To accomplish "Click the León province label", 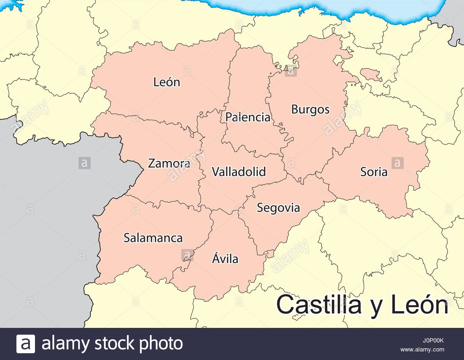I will pyautogui.click(x=167, y=82).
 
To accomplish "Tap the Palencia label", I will pyautogui.click(x=248, y=117).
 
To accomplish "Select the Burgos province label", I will pyautogui.click(x=310, y=109).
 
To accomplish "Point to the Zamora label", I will pyautogui.click(x=169, y=163).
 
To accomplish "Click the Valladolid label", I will pyautogui.click(x=239, y=172).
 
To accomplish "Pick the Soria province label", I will pyautogui.click(x=374, y=172).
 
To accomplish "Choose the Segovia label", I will pyautogui.click(x=278, y=208).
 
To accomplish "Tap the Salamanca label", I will pyautogui.click(x=153, y=238).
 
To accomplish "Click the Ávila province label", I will pyautogui.click(x=225, y=258).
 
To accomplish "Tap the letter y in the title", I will pyautogui.click(x=375, y=307).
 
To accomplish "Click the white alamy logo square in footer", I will pyautogui.click(x=26, y=344).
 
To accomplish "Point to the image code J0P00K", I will pyautogui.click(x=433, y=340).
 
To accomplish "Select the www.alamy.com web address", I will pyautogui.click(x=422, y=350).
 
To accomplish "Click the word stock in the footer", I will pyautogui.click(x=115, y=344).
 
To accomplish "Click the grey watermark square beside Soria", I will pyautogui.click(x=397, y=163).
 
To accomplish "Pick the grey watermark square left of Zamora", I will pyautogui.click(x=85, y=163).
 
